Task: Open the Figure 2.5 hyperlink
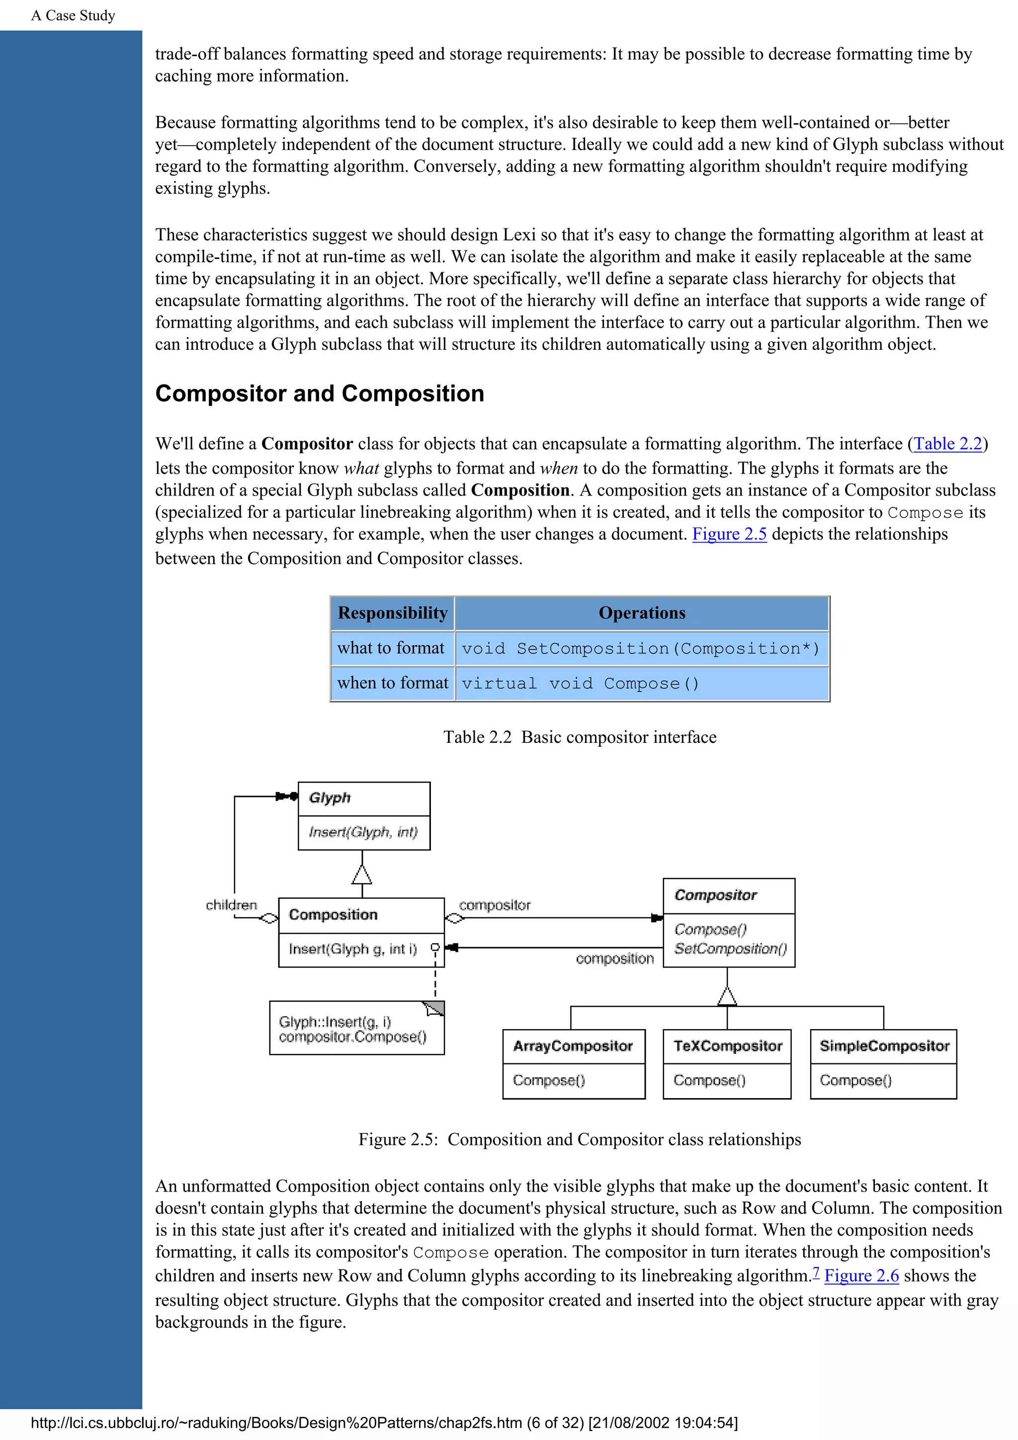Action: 729,534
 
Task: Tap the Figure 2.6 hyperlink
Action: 861,1275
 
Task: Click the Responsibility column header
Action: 392,613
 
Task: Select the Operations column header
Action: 642,613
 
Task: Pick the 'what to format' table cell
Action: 391,648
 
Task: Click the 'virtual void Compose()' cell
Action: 580,683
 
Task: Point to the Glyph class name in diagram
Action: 329,798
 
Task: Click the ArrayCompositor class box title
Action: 573,1046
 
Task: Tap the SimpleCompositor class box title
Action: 884,1046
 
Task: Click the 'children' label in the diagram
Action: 232,905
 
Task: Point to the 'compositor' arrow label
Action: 494,905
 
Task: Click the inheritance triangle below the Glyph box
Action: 362,875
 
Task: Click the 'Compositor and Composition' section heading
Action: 319,393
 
